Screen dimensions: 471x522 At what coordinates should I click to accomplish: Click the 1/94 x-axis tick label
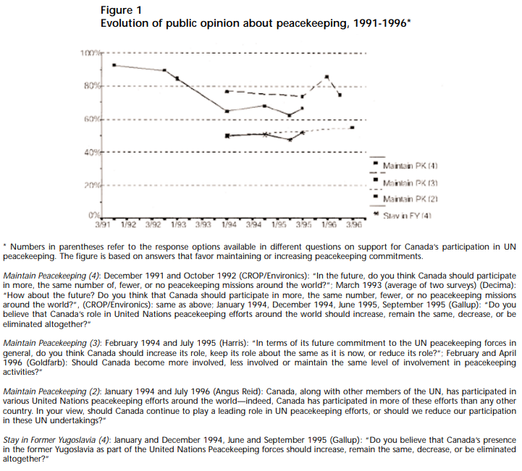228,225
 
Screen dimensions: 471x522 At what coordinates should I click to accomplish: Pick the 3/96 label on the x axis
353,225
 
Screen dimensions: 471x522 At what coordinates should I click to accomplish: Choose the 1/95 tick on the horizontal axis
279,225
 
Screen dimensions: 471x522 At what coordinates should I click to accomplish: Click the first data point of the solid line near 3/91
114,65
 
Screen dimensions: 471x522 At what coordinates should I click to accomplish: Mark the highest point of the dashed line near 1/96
327,77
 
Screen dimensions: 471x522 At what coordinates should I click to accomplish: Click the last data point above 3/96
352,127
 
